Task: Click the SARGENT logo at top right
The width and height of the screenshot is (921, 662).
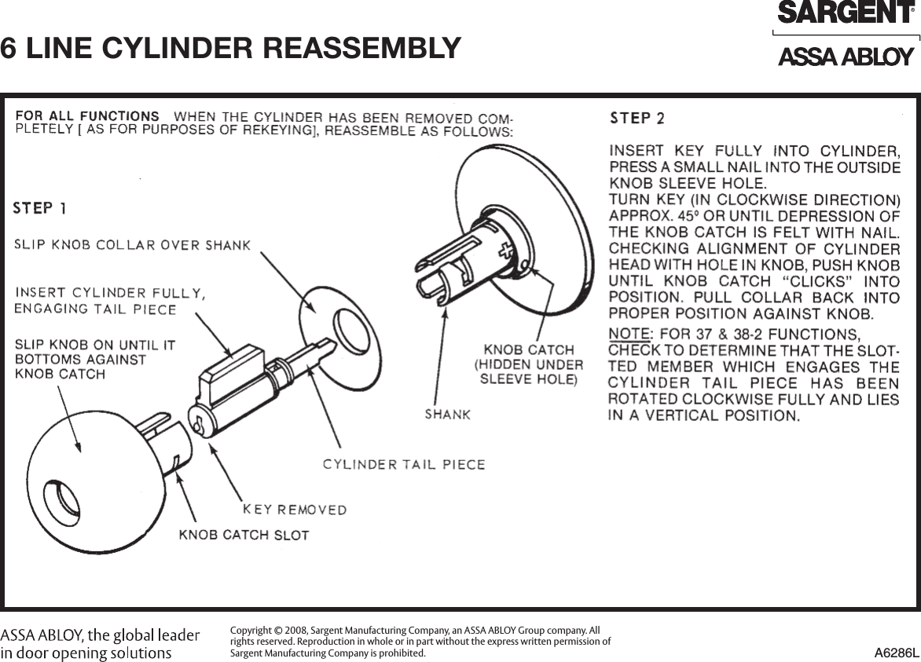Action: (x=846, y=13)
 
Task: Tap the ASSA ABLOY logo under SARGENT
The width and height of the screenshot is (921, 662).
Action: (x=846, y=57)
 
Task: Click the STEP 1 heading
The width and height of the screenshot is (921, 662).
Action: (x=39, y=208)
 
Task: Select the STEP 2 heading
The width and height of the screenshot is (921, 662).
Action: (x=637, y=119)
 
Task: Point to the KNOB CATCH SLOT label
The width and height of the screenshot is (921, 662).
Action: (x=244, y=536)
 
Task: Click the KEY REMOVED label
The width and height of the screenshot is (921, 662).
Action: (x=295, y=510)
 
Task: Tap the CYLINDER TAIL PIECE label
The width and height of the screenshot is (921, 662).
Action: (x=404, y=464)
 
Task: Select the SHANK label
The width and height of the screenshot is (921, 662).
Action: (x=447, y=414)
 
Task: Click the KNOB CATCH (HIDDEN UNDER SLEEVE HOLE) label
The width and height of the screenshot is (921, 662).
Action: (x=528, y=364)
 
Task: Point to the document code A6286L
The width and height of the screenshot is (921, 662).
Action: (x=896, y=653)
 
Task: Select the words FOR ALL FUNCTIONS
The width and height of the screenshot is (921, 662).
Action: (x=87, y=116)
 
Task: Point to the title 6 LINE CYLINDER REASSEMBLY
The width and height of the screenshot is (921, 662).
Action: (x=230, y=48)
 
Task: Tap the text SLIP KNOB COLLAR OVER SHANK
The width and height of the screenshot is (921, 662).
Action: (x=132, y=245)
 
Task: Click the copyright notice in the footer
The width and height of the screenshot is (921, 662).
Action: (x=420, y=642)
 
